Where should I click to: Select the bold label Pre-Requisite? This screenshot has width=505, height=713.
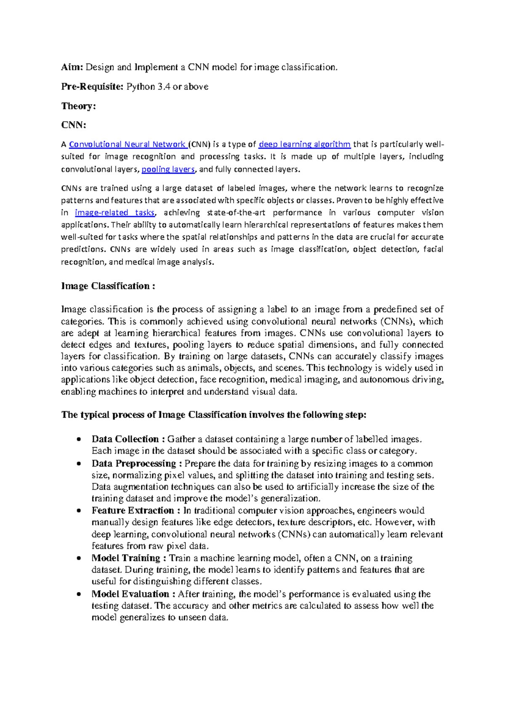(93, 87)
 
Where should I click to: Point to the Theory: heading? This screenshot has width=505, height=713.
(79, 106)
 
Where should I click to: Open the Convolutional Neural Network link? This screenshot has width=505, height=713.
(128, 145)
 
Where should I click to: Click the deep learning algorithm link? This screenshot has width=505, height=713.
(304, 145)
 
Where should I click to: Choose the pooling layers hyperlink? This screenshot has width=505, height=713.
(168, 169)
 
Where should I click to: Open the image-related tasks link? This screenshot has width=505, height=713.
(114, 213)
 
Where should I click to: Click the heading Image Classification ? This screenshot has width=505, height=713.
(108, 286)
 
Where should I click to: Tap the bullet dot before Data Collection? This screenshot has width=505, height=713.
(78, 440)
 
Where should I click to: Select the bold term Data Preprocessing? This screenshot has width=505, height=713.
(134, 464)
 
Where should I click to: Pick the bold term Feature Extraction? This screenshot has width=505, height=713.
(133, 511)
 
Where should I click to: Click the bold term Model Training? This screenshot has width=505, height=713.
(126, 558)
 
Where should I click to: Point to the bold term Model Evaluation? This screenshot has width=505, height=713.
(130, 594)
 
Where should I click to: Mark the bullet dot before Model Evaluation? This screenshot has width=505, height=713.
(78, 594)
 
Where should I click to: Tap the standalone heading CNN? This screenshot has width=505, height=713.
(74, 125)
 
